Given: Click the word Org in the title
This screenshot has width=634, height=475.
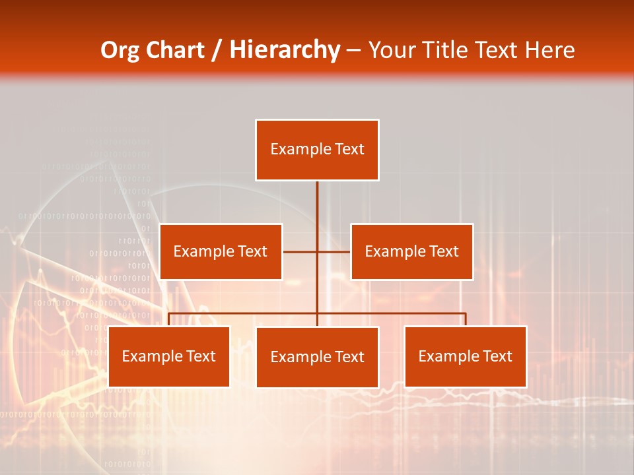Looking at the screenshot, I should click(x=120, y=50).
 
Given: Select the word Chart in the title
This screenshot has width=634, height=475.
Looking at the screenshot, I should click(x=174, y=50).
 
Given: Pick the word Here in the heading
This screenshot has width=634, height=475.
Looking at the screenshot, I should click(x=549, y=50).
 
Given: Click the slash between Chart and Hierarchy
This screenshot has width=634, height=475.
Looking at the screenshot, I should click(x=217, y=50).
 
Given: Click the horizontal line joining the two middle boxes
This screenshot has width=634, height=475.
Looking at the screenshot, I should click(x=300, y=251).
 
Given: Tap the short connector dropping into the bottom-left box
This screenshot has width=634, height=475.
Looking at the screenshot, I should click(x=169, y=319).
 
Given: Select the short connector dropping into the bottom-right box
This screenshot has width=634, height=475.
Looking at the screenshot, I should click(x=466, y=319).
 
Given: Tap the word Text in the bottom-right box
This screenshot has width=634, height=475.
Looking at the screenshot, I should click(x=496, y=356).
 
